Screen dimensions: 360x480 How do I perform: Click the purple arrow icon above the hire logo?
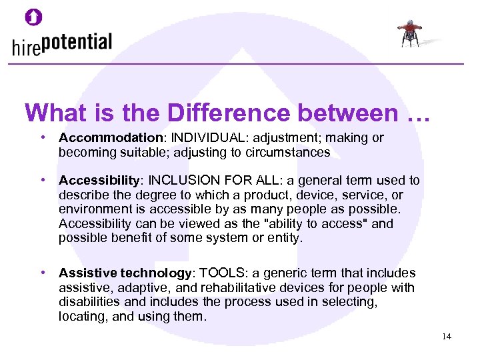[34, 17]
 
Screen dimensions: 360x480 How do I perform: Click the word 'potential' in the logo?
[75, 43]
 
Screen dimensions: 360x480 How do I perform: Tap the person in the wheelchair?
[409, 33]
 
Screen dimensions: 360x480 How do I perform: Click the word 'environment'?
[93, 209]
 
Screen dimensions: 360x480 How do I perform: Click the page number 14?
[446, 337]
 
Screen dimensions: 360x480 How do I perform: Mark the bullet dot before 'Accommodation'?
[42, 138]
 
